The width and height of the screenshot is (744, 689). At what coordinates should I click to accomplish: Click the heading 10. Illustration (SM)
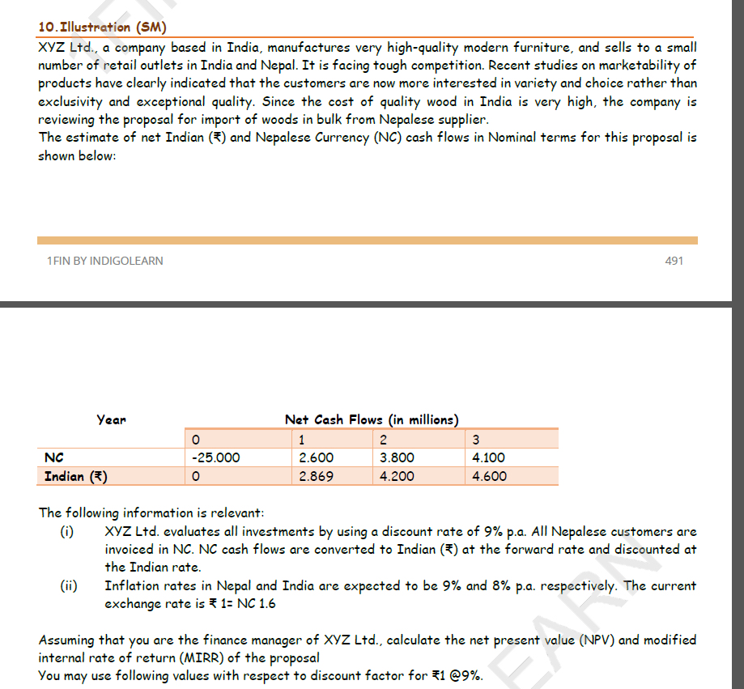click(x=102, y=28)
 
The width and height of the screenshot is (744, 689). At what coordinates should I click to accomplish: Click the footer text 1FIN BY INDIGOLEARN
click(x=104, y=261)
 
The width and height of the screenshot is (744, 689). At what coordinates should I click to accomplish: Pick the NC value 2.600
click(x=316, y=457)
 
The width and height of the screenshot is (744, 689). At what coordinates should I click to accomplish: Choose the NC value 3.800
click(x=397, y=457)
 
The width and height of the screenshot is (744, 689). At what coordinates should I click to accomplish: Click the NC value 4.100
click(x=489, y=457)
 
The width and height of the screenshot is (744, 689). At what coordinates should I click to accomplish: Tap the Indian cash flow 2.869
click(x=316, y=476)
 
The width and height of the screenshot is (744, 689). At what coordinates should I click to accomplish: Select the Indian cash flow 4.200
click(x=397, y=476)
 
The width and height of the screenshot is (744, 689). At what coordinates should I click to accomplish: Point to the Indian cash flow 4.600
click(x=489, y=476)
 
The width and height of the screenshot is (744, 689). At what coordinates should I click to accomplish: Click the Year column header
click(x=112, y=419)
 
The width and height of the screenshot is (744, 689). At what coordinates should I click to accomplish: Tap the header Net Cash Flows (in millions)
click(x=372, y=419)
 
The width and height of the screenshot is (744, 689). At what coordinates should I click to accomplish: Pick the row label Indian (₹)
click(x=76, y=476)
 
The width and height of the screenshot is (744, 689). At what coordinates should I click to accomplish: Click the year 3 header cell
click(x=476, y=440)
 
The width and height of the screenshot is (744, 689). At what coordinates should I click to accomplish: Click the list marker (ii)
click(x=68, y=585)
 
